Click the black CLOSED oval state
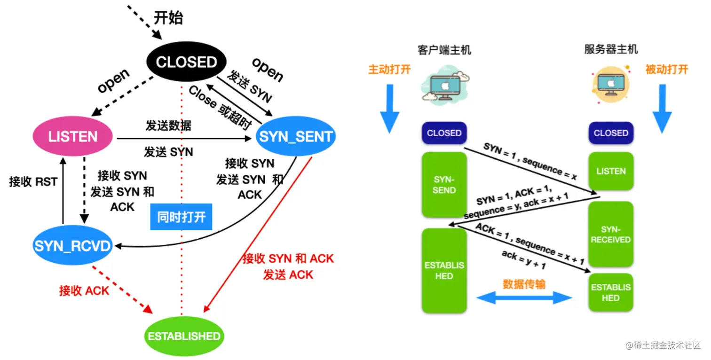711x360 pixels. pos(186,62)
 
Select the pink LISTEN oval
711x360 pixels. pos(73,136)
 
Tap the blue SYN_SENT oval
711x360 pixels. pos(295,136)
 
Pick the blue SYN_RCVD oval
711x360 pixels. pos(73,245)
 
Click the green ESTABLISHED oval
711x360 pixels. pos(184,336)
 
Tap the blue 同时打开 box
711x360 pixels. pos(181,217)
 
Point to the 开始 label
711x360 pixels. pos(168,18)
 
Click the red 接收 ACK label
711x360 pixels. pos(84,290)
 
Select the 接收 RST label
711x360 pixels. pos(33,182)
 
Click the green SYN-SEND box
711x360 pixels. pos(444,185)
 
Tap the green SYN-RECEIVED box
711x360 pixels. pos(611,234)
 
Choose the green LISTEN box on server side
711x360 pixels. pos(611,171)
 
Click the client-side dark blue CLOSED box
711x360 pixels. pos(444,133)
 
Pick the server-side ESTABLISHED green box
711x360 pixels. pos(611,292)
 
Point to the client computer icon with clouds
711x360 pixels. pos(445,85)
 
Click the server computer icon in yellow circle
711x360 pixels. pos(611,85)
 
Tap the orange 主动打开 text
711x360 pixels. pos(389,69)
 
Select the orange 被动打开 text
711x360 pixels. pos(667,69)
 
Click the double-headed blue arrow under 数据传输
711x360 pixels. pos(524,298)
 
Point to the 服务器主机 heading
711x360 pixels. pos(611,49)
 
